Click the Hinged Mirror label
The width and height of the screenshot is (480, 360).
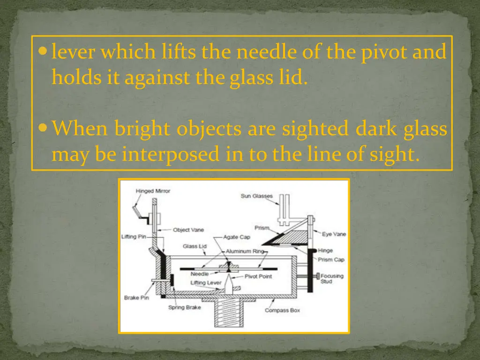tap(153, 191)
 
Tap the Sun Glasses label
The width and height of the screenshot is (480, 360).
tap(256, 196)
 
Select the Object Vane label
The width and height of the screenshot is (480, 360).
tap(188, 230)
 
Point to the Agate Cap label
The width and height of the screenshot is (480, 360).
tap(237, 237)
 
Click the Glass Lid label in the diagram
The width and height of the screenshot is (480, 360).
tap(195, 246)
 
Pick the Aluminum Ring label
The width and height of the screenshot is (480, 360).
tap(246, 252)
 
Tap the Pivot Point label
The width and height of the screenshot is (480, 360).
tap(258, 277)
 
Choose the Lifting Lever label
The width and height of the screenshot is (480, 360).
tap(206, 283)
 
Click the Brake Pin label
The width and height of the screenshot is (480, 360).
tap(136, 298)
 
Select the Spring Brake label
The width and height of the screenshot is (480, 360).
tap(185, 307)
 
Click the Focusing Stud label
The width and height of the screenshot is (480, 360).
tap(332, 278)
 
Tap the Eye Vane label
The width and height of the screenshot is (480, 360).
tap(334, 234)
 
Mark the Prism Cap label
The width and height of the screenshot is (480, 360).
tap(332, 260)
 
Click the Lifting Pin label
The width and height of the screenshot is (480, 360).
tap(134, 237)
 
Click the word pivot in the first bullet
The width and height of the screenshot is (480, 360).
tap(378, 52)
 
